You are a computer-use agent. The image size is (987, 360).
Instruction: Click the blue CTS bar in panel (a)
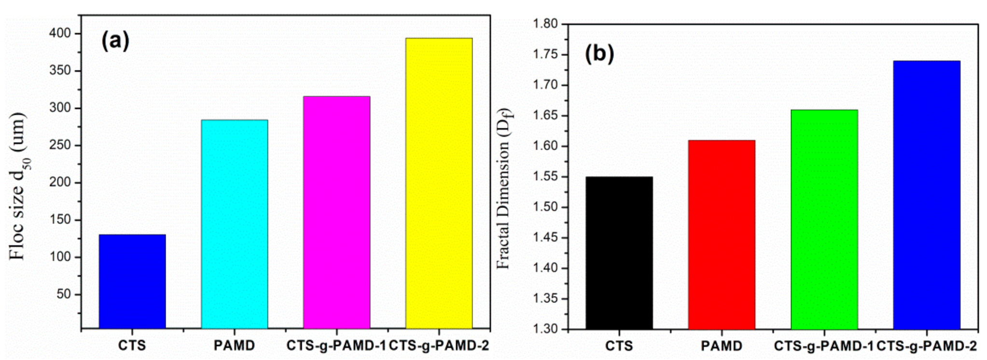point(132,281)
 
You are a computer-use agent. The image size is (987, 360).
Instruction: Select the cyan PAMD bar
point(235,224)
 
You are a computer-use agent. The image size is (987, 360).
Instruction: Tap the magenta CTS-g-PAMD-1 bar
point(337,212)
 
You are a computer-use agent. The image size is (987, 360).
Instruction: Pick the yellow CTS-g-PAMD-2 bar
point(439,183)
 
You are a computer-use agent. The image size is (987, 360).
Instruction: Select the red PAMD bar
point(722,235)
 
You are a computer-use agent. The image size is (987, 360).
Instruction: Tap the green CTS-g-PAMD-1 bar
point(824,219)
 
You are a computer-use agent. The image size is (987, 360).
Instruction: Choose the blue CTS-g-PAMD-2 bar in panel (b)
point(927,195)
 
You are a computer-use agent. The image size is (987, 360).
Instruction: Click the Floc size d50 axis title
point(18,186)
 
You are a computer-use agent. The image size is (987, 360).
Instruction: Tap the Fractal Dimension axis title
point(504,188)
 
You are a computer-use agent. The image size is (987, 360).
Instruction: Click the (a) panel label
point(115,42)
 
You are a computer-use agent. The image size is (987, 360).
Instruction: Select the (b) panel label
point(599,54)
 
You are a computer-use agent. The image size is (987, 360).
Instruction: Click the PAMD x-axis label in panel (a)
point(235,346)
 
